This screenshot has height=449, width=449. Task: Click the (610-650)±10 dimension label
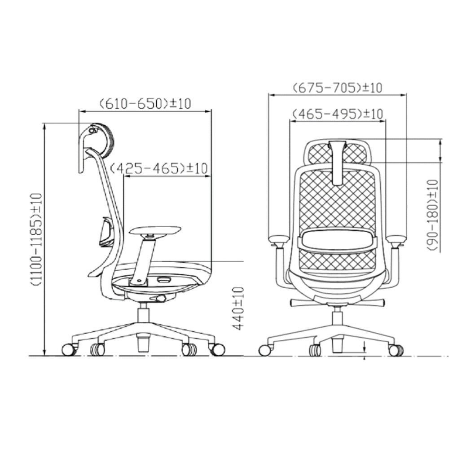point(145,103)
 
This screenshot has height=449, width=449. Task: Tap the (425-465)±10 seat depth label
point(158,168)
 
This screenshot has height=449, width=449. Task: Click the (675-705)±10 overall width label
point(337,88)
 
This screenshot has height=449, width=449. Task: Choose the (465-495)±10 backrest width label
point(337,114)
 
